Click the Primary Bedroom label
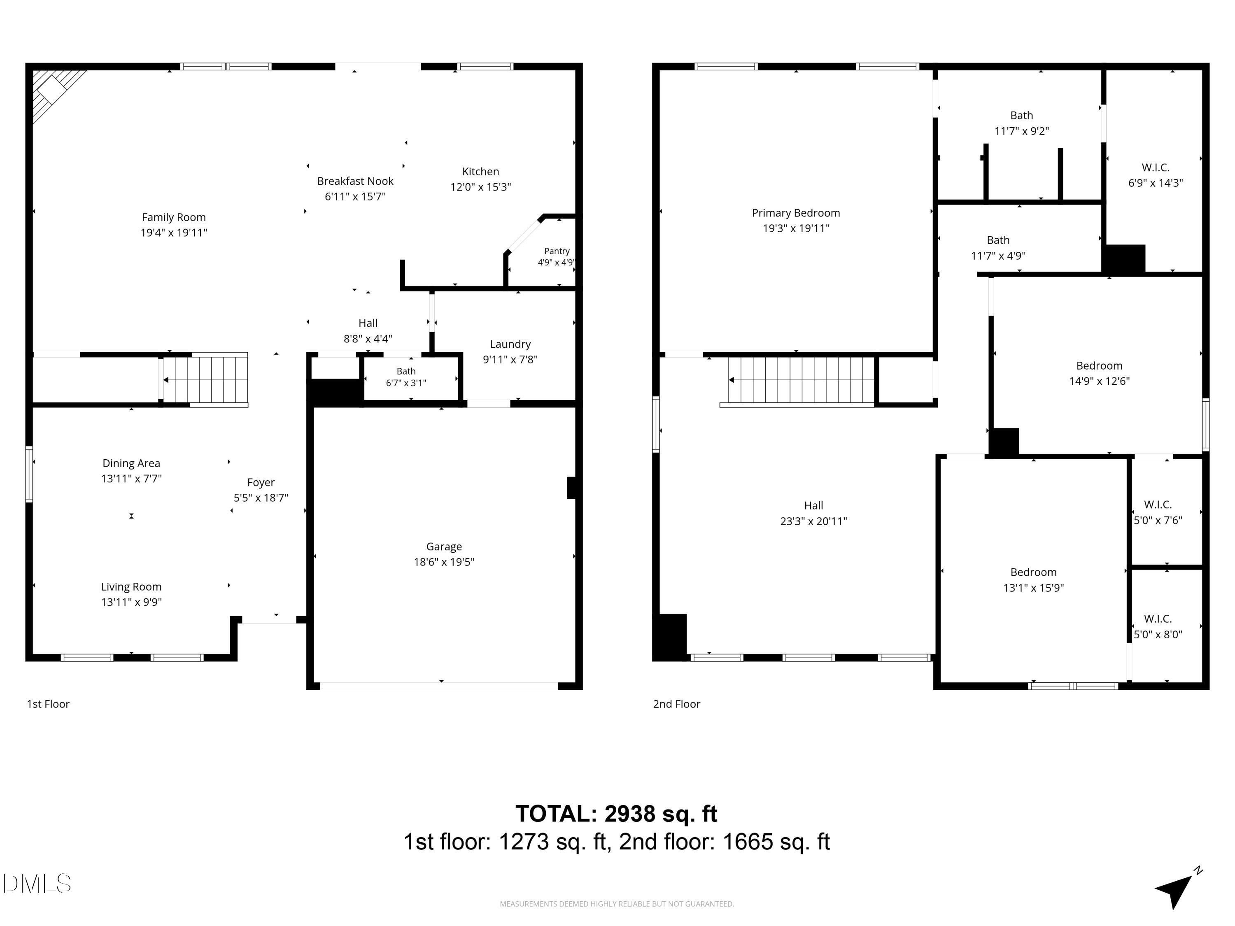[796, 213]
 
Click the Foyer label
[261, 482]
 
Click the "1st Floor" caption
[48, 704]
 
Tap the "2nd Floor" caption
[677, 704]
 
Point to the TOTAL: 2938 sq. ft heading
[616, 813]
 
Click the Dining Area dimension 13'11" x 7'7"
[131, 478]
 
